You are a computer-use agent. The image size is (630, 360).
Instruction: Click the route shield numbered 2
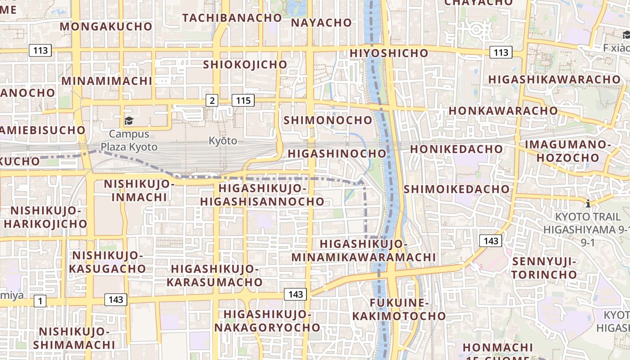[x=212, y=100]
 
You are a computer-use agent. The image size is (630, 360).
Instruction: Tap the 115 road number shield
[x=243, y=100]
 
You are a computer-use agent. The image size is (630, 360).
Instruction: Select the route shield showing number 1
[x=40, y=301]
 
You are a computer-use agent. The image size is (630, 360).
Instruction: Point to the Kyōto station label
[x=223, y=140]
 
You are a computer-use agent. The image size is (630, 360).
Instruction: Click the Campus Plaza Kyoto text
[x=129, y=140]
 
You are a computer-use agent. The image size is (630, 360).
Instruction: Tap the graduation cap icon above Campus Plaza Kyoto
[x=129, y=121]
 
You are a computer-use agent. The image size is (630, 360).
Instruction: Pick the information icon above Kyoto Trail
[x=588, y=203]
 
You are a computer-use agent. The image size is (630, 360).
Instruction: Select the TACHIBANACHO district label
[x=232, y=18]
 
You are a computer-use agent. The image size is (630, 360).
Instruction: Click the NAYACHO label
[x=321, y=22]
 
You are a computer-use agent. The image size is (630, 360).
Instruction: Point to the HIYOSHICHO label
[x=389, y=53]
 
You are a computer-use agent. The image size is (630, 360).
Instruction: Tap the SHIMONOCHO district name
[x=328, y=120]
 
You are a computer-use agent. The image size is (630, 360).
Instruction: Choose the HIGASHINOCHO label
[x=337, y=153]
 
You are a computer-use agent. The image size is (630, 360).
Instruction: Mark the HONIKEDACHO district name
[x=456, y=148]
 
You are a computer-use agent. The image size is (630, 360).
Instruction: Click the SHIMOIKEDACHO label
[x=456, y=189]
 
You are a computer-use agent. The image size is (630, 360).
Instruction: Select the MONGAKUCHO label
[x=106, y=26]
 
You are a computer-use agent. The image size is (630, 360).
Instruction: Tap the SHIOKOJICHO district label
[x=245, y=64]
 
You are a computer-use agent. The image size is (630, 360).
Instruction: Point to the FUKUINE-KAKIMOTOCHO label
[x=399, y=309]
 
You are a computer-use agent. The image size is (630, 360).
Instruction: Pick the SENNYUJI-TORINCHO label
[x=544, y=268]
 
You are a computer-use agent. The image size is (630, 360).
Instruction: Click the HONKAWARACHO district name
[x=503, y=111]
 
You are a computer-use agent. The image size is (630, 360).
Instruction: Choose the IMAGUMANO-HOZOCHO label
[x=568, y=151]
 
